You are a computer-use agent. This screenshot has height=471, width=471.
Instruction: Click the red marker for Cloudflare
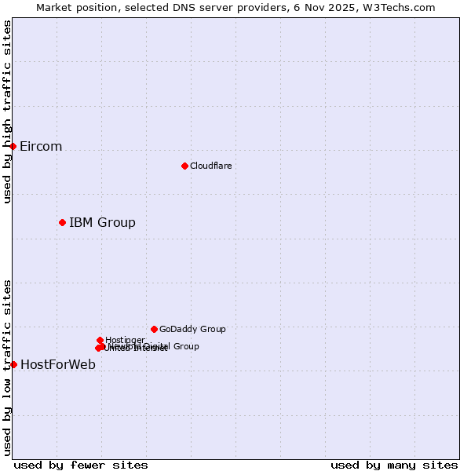tap(184, 166)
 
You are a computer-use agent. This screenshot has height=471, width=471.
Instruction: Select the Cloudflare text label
tap(211, 166)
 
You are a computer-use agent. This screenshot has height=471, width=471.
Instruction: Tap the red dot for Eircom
tap(13, 146)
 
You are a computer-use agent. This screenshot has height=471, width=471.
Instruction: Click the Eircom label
tap(41, 147)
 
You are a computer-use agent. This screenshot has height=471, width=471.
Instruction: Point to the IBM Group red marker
tap(62, 222)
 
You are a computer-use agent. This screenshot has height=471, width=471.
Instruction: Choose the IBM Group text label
tap(102, 222)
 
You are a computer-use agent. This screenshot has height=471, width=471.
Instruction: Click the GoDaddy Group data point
tap(154, 329)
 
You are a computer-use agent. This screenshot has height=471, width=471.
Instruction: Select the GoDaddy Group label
tap(192, 329)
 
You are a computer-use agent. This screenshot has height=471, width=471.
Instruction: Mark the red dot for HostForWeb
tap(13, 364)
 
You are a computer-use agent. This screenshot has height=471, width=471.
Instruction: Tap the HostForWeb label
tap(58, 364)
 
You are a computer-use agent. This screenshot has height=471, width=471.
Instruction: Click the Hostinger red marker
tap(100, 340)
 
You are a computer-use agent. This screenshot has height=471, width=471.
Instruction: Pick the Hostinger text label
tap(125, 340)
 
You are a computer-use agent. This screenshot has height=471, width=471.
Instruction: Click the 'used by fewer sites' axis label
tap(81, 465)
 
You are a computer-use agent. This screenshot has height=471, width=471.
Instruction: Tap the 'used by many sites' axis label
tap(394, 465)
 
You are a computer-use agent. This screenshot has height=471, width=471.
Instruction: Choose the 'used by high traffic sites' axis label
tap(7, 112)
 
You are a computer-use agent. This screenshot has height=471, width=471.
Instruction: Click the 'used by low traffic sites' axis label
tap(7, 367)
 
